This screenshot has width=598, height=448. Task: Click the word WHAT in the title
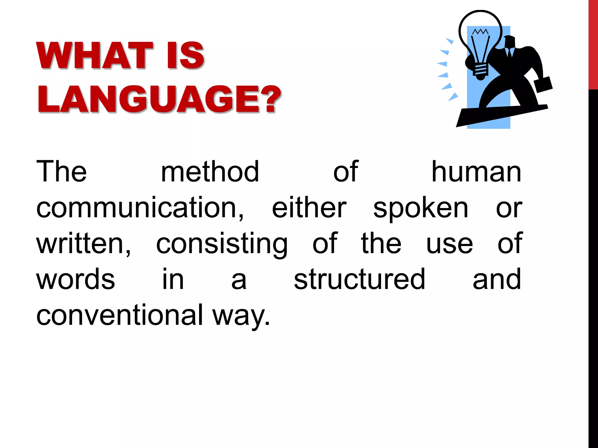(x=95, y=55)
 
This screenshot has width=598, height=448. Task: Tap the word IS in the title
(x=186, y=55)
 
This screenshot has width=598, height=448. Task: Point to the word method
(x=210, y=172)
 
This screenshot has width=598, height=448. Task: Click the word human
(x=476, y=172)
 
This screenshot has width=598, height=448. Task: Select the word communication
(x=140, y=208)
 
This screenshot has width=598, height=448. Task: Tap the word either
(x=309, y=208)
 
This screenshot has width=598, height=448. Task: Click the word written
(x=84, y=244)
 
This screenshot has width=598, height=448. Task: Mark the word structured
(x=359, y=279)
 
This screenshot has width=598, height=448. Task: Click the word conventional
(x=120, y=315)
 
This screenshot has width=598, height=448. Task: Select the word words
(x=76, y=279)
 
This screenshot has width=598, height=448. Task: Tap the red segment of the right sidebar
(x=593, y=44)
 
